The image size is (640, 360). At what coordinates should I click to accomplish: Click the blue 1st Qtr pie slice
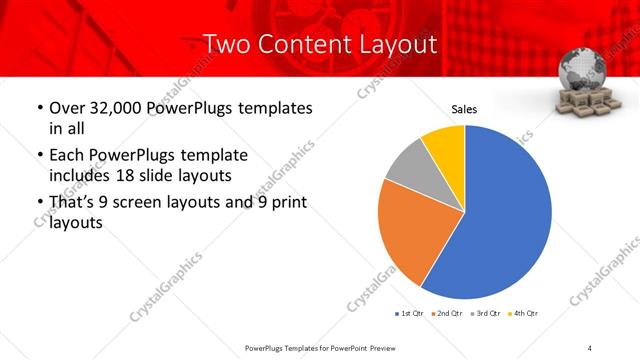point(500,220)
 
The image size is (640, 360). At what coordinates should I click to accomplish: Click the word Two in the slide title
point(226,45)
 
